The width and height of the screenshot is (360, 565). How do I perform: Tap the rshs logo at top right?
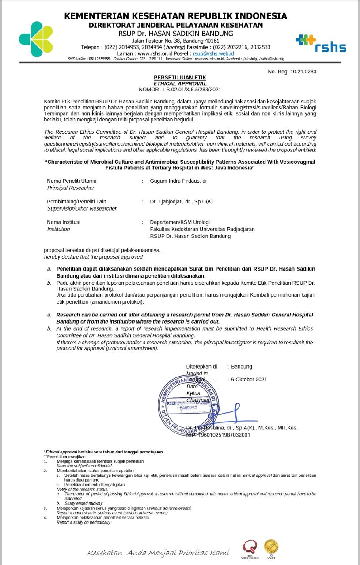click(321, 44)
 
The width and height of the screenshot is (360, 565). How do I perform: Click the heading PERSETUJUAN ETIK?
click(180, 78)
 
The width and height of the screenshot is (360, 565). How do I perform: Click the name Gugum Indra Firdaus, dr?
click(178, 181)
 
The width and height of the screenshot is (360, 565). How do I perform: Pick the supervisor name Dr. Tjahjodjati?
click(181, 202)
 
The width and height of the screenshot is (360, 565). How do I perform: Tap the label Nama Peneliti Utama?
click(72, 181)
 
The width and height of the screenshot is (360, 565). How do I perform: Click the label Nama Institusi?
click(64, 222)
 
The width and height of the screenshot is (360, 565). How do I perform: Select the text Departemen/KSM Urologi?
click(180, 222)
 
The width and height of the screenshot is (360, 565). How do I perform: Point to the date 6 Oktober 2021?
click(249, 380)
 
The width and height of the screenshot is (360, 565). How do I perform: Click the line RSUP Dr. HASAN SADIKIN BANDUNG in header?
click(176, 34)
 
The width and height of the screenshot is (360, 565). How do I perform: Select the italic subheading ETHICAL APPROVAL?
click(180, 83)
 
